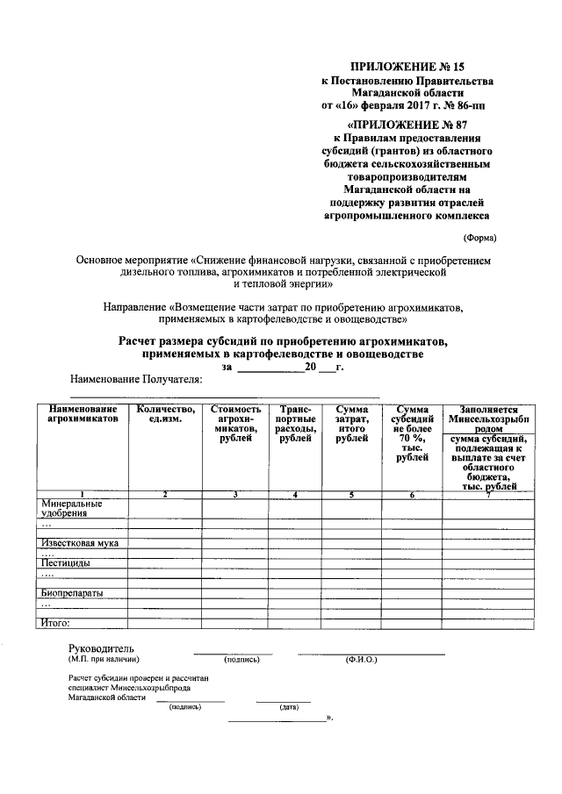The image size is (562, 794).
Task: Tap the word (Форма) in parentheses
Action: click(479, 238)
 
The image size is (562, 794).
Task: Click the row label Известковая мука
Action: click(80, 543)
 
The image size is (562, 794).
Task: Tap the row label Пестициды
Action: click(63, 562)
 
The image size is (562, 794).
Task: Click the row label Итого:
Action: click(56, 623)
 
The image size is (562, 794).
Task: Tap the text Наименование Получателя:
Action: click(136, 379)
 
